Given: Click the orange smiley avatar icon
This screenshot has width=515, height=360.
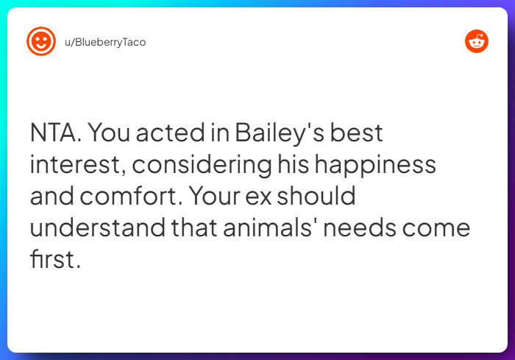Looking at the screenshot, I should click(x=41, y=41).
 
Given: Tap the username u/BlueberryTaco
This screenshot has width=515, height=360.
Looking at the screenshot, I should click(x=104, y=42).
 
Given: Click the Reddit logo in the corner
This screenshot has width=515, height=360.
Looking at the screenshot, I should click(x=477, y=41).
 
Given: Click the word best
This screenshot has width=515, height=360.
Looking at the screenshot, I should click(x=357, y=133).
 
